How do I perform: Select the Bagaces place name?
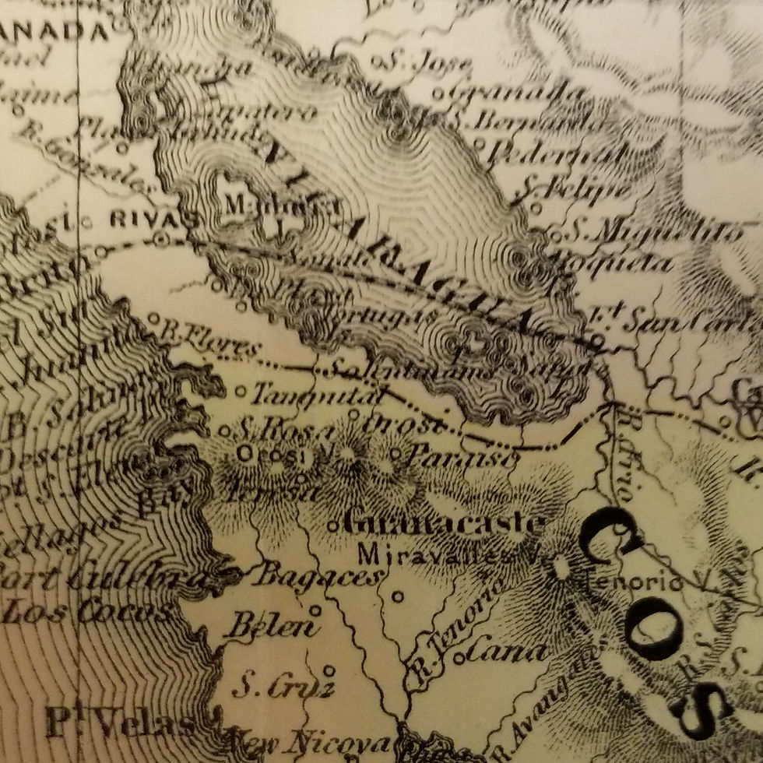point(320,576)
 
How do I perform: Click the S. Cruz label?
point(283,687)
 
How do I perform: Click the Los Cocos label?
point(86,612)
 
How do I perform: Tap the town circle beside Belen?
point(315,610)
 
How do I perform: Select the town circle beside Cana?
point(459,657)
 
